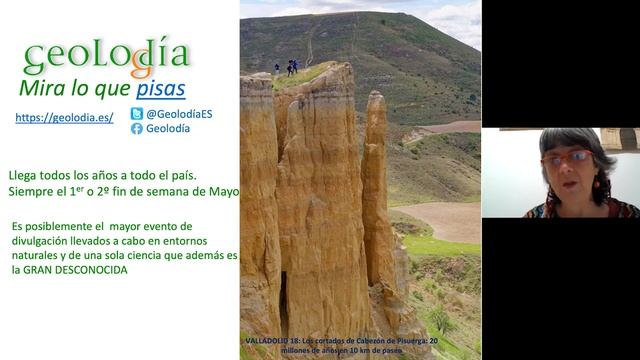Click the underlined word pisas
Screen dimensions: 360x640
pos(161,89)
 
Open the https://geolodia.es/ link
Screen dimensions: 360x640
pos(64,118)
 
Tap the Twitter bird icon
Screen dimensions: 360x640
pos(136,114)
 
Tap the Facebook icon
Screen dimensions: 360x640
pos(136,128)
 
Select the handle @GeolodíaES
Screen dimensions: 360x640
pos(179,114)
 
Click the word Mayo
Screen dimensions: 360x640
pos(222,190)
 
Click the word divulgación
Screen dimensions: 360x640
pos(46,242)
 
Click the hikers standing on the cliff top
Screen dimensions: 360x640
pos(290,68)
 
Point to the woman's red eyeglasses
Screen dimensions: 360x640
pos(567,158)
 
